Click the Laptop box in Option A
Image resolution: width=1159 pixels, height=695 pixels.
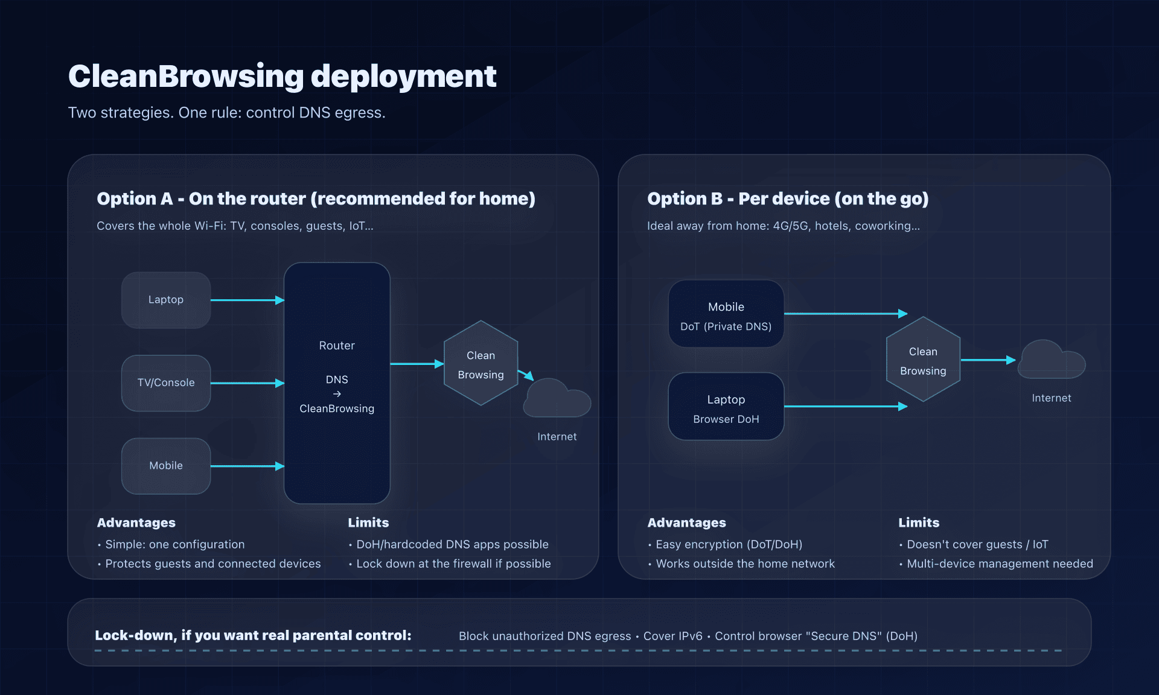pos(166,300)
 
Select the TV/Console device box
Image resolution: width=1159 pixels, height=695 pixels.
pos(166,383)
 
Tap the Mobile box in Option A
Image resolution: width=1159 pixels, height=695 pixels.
pos(166,466)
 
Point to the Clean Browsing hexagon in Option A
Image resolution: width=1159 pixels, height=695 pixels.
pos(481,364)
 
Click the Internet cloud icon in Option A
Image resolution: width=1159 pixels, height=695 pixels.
pos(557,400)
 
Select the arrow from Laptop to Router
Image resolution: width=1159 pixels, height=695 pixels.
pos(246,300)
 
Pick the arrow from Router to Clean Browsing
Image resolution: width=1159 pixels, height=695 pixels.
pos(417,364)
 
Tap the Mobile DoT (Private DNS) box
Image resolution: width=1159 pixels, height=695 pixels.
pos(726,314)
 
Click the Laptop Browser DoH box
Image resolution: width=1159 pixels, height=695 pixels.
pos(726,407)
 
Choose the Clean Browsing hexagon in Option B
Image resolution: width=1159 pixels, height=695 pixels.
pos(923,360)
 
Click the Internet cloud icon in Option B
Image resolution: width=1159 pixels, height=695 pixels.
pos(1051,361)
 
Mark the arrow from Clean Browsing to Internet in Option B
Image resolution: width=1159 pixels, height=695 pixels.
pos(988,360)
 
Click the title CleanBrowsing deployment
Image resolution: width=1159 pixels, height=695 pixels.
pos(282,77)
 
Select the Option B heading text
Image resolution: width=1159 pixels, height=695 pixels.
pos(787,198)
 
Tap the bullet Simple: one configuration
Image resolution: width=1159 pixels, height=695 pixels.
pos(174,544)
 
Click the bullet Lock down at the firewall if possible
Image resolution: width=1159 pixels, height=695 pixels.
pos(453,563)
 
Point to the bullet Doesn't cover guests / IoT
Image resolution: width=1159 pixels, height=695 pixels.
pos(977,544)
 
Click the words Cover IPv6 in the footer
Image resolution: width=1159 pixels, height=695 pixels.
pos(672,636)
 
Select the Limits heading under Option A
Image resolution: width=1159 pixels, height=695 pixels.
pos(368,522)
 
